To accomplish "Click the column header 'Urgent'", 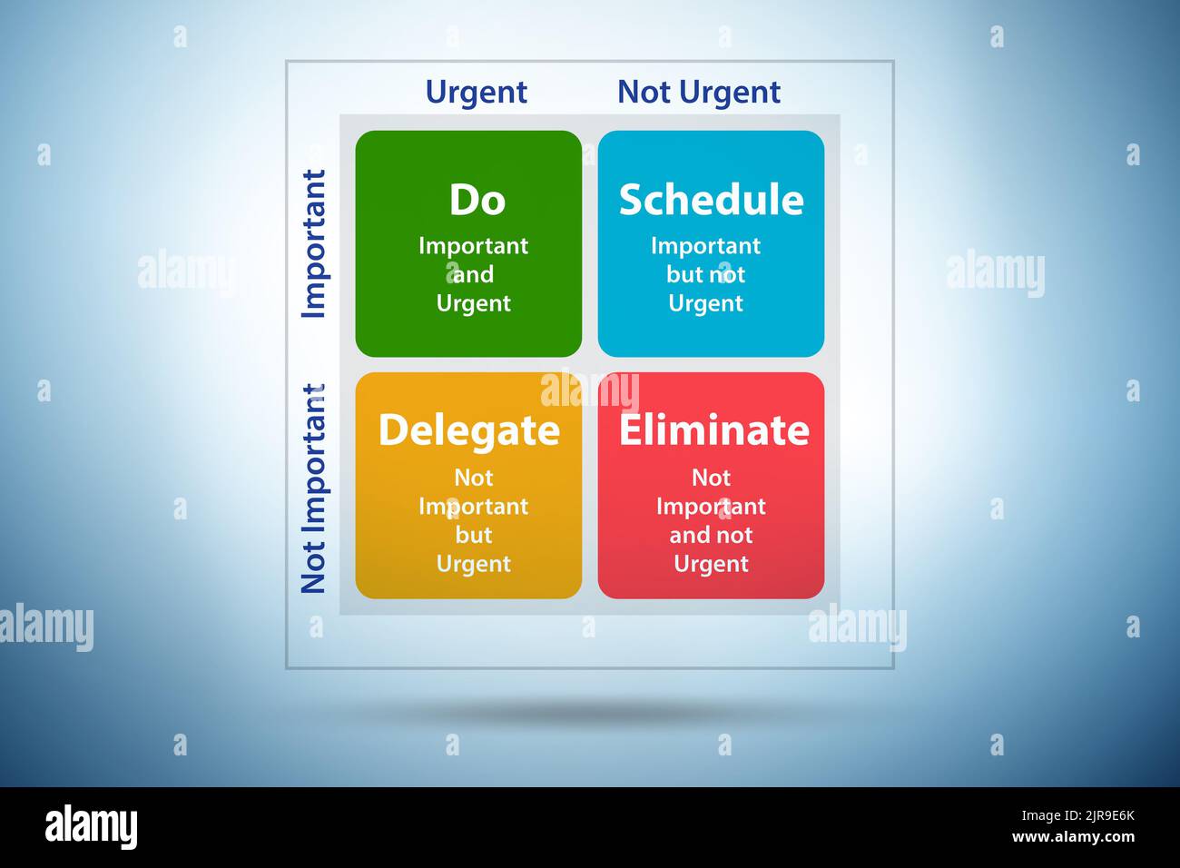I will click(x=476, y=92).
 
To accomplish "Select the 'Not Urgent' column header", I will click(x=698, y=92).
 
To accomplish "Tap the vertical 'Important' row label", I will click(x=313, y=243).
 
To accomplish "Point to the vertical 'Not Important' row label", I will click(x=313, y=488).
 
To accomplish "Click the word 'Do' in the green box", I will click(x=477, y=200).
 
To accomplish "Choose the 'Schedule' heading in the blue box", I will click(x=711, y=200).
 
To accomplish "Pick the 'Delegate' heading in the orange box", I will click(x=468, y=429).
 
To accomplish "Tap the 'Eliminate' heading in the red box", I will click(x=713, y=429).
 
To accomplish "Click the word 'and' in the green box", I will click(x=473, y=274).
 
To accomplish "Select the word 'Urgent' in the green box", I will click(x=473, y=303).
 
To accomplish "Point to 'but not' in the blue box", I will click(x=705, y=274).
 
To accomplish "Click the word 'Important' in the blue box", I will click(x=705, y=245).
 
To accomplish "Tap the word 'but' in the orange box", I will click(x=473, y=535).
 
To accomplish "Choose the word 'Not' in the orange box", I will click(x=473, y=478).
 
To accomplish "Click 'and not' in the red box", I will click(x=711, y=535).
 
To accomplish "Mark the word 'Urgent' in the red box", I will click(x=711, y=564).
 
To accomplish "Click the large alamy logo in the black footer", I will click(x=91, y=827).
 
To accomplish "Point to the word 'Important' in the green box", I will click(x=473, y=245).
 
